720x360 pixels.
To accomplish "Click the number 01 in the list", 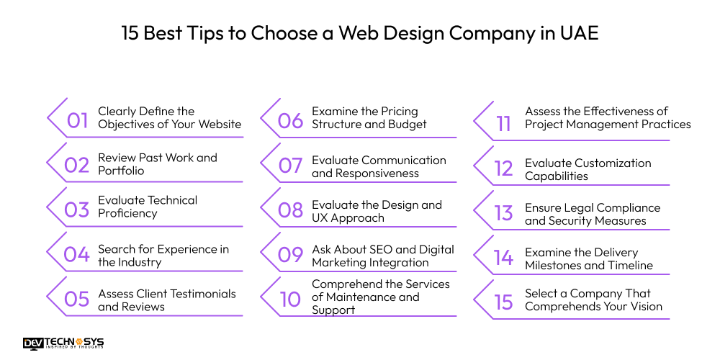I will pos(77,120).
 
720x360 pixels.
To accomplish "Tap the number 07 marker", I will pos(290,166).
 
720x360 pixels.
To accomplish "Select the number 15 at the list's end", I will pos(504,302).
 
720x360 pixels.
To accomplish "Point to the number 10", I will pos(290,299).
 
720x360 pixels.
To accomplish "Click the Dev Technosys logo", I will pos(63,343).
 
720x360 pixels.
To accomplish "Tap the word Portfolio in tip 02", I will pos(121,171).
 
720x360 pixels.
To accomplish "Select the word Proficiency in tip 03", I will pos(127,213).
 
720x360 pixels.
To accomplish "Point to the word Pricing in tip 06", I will pos(397,112).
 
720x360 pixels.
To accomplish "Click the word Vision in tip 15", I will pos(644,307).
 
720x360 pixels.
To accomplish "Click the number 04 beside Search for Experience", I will pos(76,254).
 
